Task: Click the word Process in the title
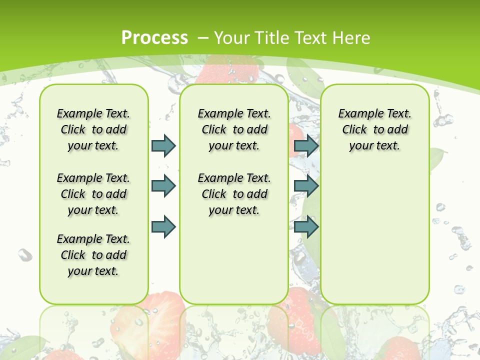[x=154, y=37]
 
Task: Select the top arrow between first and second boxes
[x=163, y=145]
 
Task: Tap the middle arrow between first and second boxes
[x=163, y=186]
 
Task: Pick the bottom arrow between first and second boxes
[x=163, y=227]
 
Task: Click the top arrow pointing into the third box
[x=306, y=145]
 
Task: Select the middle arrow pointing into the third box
[x=306, y=186]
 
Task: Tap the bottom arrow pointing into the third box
[x=306, y=227]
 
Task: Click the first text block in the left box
[x=93, y=129]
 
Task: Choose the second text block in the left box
[x=93, y=194]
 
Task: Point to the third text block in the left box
[x=93, y=255]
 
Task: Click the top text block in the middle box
[x=234, y=129]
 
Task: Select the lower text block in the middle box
[x=234, y=194]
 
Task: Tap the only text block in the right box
[x=374, y=129]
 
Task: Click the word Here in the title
[x=352, y=37]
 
